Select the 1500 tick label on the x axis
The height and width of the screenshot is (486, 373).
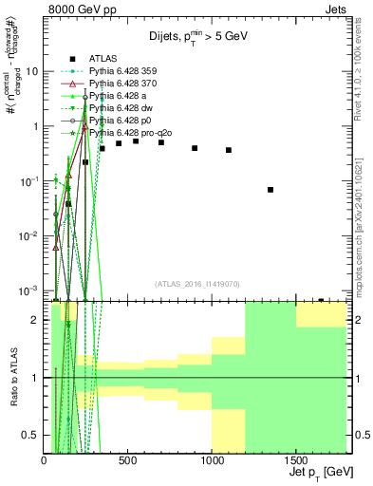(295, 460)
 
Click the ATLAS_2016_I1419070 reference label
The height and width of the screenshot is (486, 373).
(198, 283)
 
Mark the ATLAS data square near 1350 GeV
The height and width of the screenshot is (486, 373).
(270, 190)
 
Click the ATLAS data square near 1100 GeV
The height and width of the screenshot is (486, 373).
(229, 150)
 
